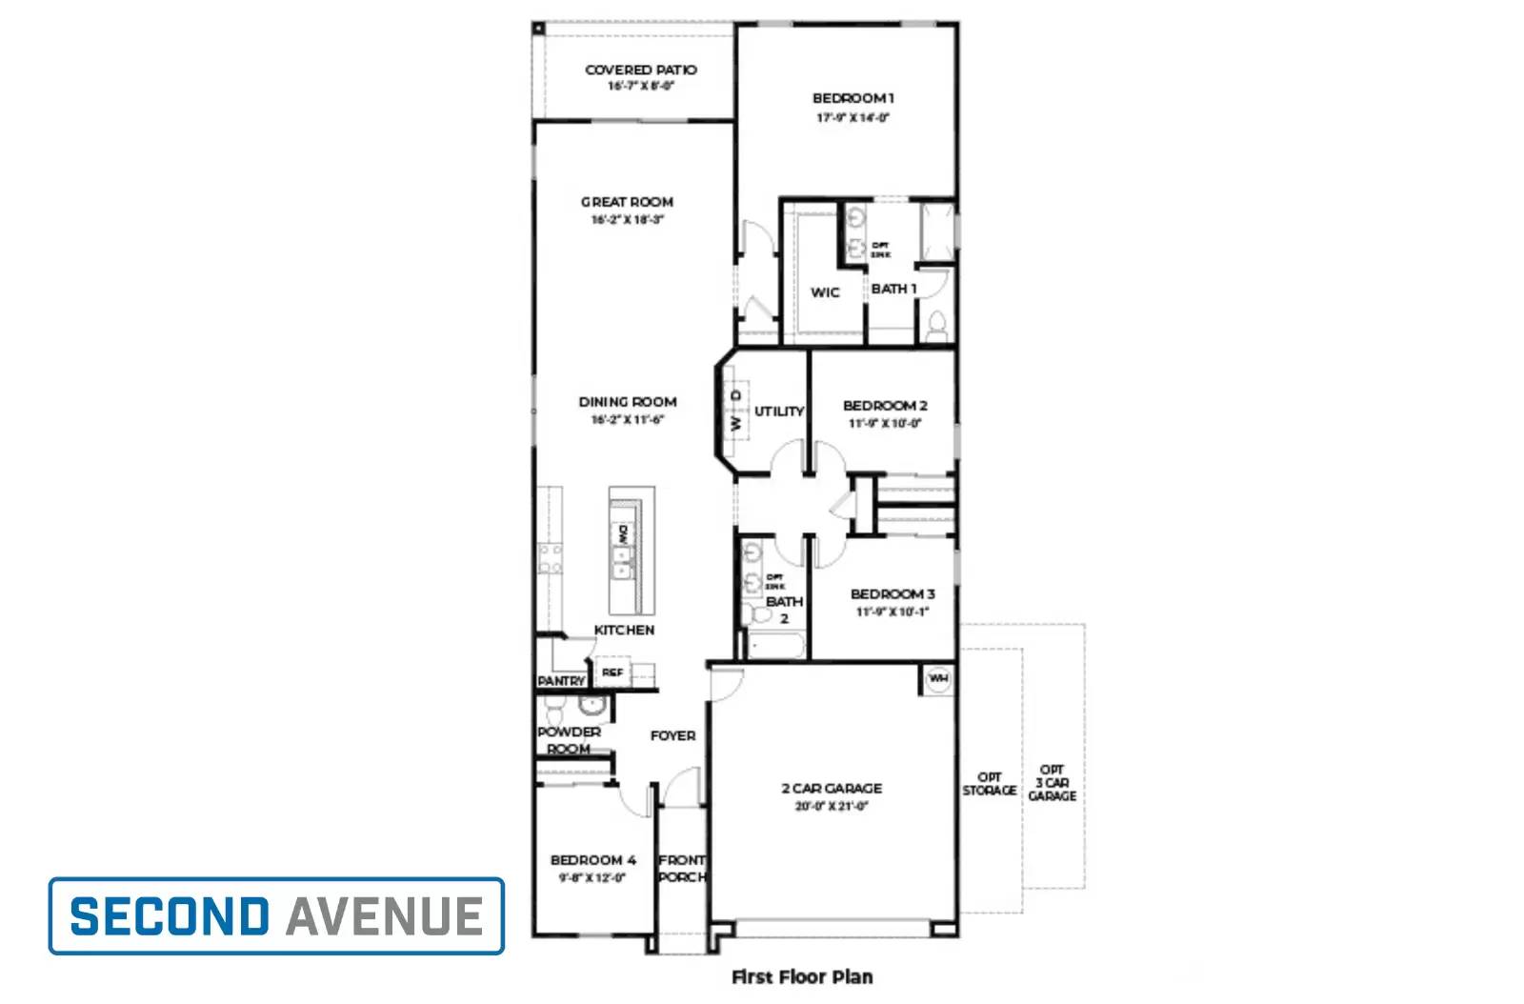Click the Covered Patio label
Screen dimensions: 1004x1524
pos(640,70)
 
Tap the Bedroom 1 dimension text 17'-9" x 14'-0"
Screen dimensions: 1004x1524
pos(852,118)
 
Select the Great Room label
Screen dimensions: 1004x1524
pos(627,202)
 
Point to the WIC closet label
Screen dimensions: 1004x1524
pos(825,292)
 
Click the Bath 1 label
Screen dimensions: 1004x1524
pos(893,289)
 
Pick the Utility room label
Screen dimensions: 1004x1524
pos(779,412)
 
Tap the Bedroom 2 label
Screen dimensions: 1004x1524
pos(885,406)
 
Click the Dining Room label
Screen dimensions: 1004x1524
pos(628,402)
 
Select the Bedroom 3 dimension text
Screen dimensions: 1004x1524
pos(892,612)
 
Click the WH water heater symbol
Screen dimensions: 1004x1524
pos(938,679)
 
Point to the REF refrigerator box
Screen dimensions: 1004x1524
pos(612,673)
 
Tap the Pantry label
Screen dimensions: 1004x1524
pos(561,681)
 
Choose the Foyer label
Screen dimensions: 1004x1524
pos(672,736)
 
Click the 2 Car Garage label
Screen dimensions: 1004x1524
pos(832,789)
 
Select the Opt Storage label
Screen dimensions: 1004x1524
pos(990,784)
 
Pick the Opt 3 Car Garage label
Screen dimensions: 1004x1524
pos(1052,782)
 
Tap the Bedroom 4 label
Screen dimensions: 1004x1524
pos(592,860)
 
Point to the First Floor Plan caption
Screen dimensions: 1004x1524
pos(801,976)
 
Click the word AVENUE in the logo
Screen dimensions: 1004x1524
pos(385,916)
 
